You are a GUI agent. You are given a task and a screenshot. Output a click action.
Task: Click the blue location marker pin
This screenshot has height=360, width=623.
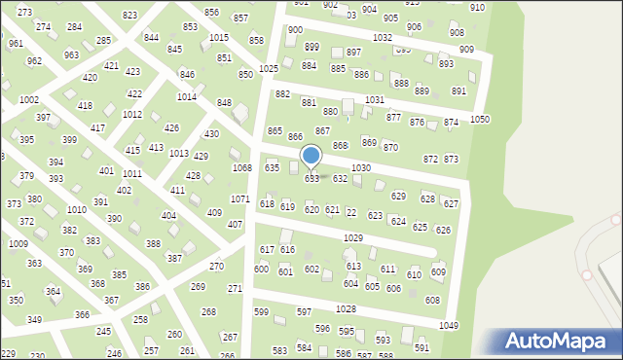click(x=311, y=157)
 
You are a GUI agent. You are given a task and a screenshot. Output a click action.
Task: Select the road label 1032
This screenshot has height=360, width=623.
click(x=382, y=37)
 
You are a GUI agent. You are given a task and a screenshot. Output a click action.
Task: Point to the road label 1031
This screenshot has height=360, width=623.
click(x=374, y=100)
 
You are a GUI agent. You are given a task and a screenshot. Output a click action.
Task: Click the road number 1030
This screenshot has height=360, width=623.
click(x=360, y=168)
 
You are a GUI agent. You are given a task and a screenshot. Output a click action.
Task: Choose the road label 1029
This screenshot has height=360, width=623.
click(x=353, y=238)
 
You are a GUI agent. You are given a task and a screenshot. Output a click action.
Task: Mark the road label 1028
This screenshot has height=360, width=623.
click(x=346, y=308)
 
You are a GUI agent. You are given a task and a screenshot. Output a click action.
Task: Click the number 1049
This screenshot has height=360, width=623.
click(x=449, y=326)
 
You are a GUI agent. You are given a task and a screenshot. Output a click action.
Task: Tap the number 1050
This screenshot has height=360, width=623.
click(x=480, y=119)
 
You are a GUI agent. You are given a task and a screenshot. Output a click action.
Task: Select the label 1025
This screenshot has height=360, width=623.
click(x=269, y=68)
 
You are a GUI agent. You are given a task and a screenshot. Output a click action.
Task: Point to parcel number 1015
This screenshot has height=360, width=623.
click(x=219, y=37)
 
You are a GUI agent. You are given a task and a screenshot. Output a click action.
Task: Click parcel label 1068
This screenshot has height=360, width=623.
click(x=241, y=168)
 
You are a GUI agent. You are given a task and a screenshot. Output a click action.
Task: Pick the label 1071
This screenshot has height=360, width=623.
click(x=240, y=198)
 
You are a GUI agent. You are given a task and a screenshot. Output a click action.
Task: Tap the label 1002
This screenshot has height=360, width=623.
click(x=29, y=100)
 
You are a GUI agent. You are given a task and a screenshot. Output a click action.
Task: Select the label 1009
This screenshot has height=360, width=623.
click(x=18, y=243)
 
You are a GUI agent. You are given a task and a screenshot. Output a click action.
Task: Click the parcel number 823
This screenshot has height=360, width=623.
click(x=129, y=16)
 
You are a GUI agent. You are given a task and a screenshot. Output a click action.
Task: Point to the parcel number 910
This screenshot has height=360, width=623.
click(x=477, y=8)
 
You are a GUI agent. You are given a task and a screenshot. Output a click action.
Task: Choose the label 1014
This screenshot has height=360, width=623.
click(x=186, y=97)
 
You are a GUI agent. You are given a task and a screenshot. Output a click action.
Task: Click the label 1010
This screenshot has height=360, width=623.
click(x=76, y=210)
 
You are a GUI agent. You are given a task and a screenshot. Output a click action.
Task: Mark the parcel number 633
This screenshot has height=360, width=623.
click(x=311, y=179)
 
